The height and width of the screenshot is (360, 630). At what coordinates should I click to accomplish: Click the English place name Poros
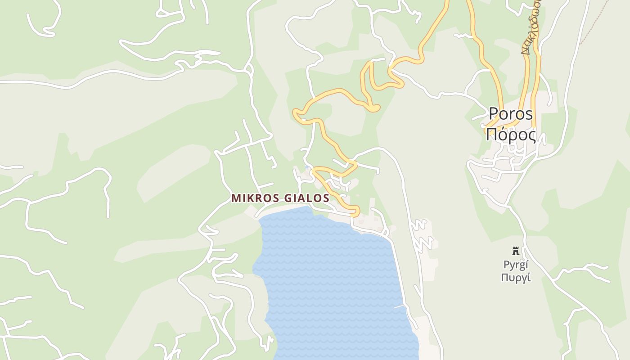(x=511, y=114)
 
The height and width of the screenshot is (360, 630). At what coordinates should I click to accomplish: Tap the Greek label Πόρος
(x=511, y=134)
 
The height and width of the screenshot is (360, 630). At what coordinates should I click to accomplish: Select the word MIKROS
(x=256, y=198)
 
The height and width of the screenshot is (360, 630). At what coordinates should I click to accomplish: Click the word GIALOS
(x=307, y=198)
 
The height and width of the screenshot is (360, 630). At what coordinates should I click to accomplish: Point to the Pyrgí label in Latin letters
(x=516, y=265)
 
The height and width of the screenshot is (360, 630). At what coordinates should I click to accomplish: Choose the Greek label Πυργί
(x=516, y=277)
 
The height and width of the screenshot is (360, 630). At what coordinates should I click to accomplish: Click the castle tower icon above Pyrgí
(x=516, y=251)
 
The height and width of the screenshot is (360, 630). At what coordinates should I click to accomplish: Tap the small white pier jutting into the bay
(x=399, y=306)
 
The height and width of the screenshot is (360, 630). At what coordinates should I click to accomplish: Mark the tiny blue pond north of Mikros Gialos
(x=307, y=168)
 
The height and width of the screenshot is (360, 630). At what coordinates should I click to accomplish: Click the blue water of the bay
(x=333, y=279)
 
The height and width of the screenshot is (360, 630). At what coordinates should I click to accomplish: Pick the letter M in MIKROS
(x=235, y=198)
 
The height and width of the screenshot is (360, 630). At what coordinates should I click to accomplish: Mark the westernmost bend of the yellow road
(x=296, y=112)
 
